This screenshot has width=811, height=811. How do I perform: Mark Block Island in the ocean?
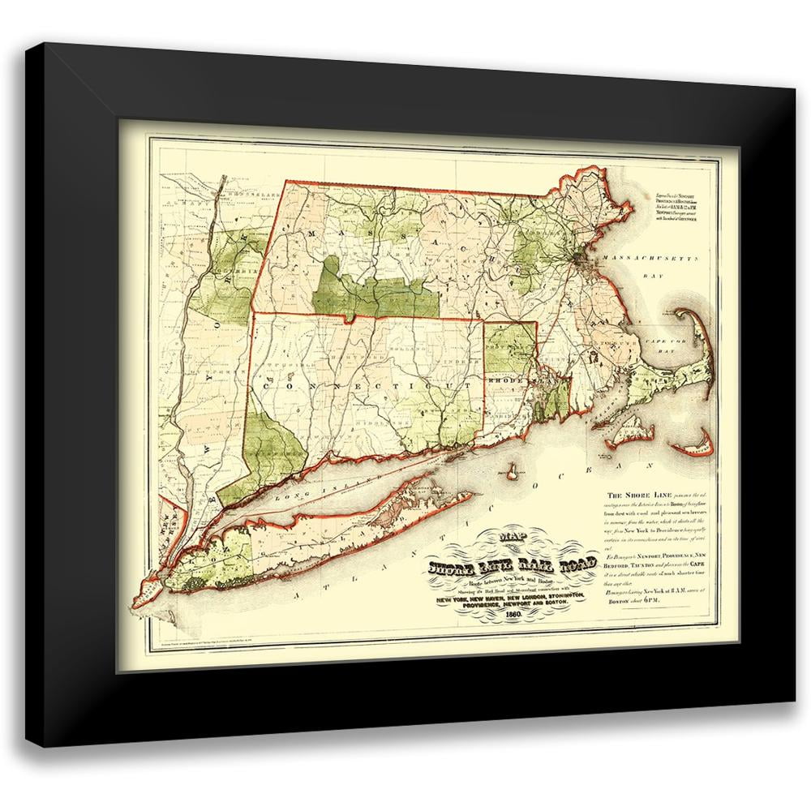coord(513,470)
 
